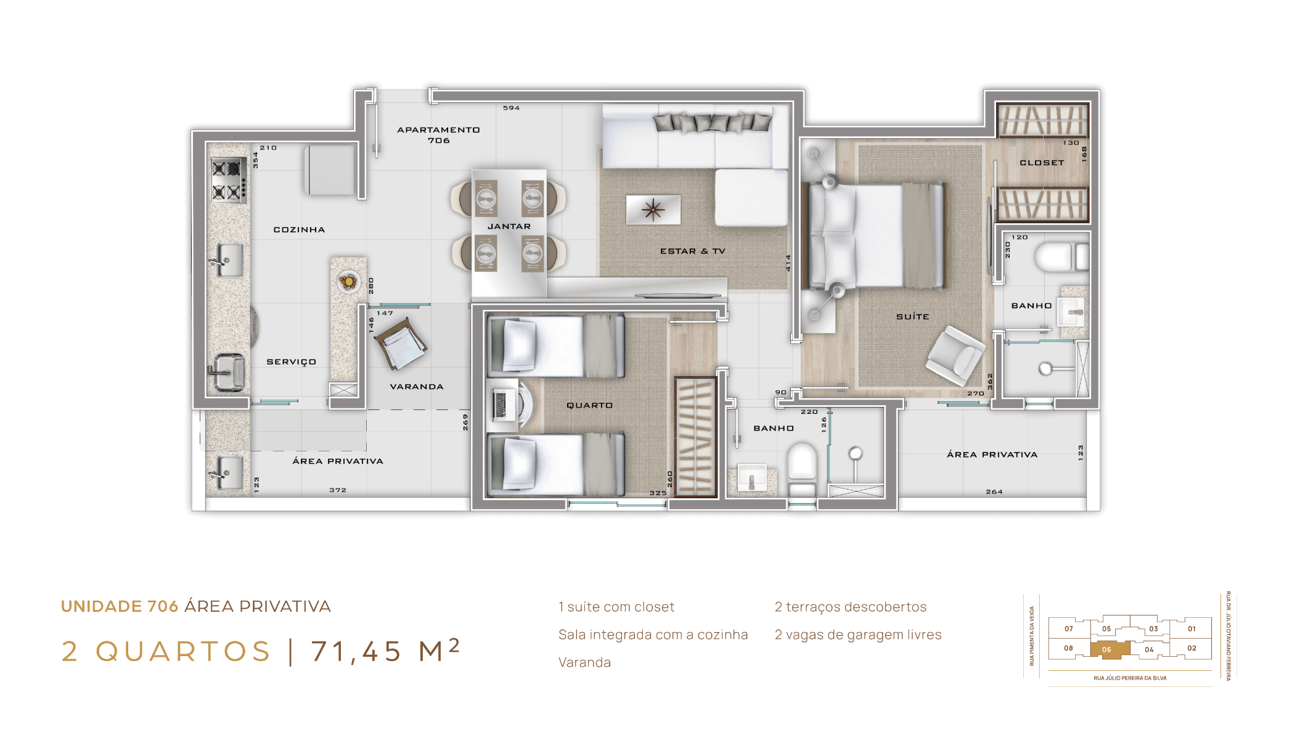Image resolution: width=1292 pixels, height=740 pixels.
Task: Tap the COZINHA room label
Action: click(299, 229)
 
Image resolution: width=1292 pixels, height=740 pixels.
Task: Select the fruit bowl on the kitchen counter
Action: click(348, 282)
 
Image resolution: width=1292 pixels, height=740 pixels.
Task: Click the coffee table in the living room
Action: click(653, 210)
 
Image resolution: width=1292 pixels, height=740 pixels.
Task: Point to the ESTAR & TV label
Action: click(693, 251)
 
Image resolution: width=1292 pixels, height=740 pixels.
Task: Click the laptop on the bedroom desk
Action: click(502, 405)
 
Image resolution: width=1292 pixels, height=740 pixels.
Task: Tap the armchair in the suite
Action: click(955, 356)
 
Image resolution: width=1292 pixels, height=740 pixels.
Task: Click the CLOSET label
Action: click(1042, 163)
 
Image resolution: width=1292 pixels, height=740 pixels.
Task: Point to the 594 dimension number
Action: click(511, 108)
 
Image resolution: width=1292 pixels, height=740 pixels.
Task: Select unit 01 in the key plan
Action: click(1192, 629)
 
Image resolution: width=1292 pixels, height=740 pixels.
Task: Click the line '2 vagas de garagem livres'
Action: click(858, 635)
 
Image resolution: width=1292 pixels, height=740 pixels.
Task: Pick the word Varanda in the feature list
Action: click(584, 662)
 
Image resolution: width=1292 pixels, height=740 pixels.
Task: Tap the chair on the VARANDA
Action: click(400, 343)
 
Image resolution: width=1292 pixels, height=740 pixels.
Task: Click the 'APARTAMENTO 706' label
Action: click(438, 135)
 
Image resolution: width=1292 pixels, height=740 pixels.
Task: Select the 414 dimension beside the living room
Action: click(788, 263)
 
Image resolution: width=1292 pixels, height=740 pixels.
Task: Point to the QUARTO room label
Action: click(589, 405)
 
